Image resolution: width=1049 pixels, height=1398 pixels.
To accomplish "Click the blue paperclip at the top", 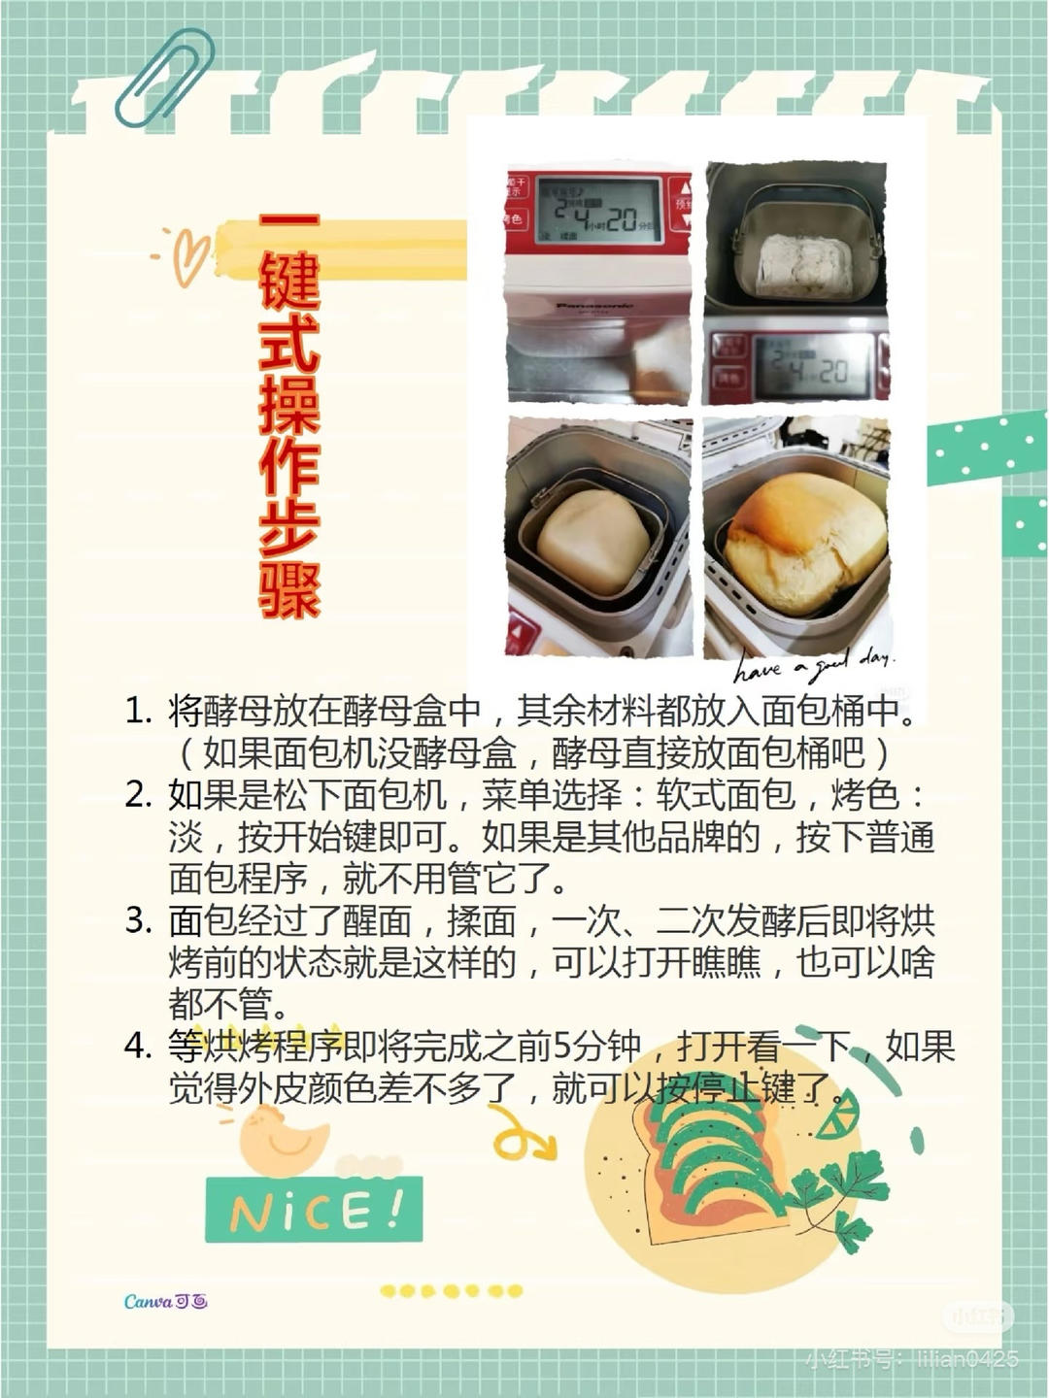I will (x=163, y=78).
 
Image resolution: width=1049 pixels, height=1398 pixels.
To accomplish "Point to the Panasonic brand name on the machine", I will (x=593, y=306).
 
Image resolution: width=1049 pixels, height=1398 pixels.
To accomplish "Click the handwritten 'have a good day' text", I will (x=814, y=666).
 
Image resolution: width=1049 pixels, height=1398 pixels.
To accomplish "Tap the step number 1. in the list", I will (x=139, y=712).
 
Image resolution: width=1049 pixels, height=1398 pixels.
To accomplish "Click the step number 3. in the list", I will (x=139, y=920).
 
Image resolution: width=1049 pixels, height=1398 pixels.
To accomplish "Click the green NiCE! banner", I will (x=314, y=1210).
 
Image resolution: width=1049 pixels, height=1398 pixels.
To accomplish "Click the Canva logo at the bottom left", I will (x=165, y=1301).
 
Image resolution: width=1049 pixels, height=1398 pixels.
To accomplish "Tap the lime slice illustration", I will (x=837, y=1115).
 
